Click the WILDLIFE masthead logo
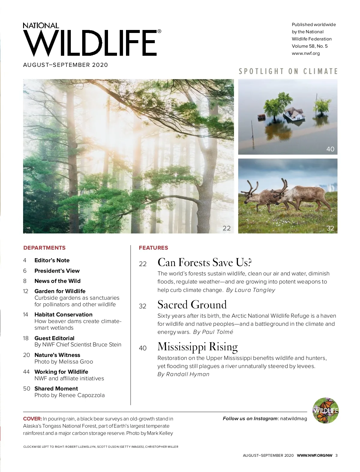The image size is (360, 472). [90, 43]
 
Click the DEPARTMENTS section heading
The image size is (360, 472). [44, 248]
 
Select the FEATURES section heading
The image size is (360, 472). [153, 248]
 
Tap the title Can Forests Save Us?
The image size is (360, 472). [204, 263]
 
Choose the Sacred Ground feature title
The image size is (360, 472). [192, 305]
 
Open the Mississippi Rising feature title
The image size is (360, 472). [197, 347]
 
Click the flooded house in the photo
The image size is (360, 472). [294, 114]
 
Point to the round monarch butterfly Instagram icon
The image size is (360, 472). [325, 411]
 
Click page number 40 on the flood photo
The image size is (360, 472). [330, 149]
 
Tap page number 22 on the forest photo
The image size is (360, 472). [226, 228]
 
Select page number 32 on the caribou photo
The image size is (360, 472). [330, 228]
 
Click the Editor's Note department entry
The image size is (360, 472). [52, 260]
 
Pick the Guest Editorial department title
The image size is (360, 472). [54, 338]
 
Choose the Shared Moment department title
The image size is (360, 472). [56, 388]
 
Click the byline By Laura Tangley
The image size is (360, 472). [250, 290]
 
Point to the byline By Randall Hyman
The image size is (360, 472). [183, 374]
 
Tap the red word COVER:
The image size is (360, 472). [32, 419]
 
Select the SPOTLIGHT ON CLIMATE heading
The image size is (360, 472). [288, 71]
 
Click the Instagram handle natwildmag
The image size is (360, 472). [293, 419]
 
